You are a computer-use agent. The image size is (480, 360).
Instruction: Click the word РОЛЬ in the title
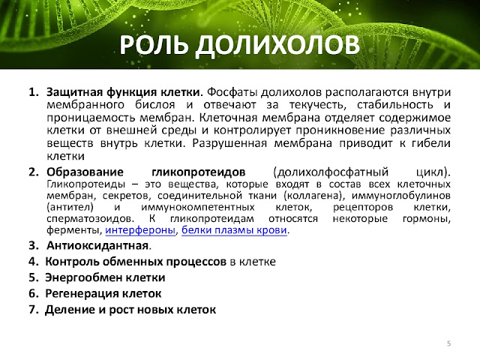pos(153,45)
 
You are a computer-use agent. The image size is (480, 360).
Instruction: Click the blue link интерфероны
pos(140,230)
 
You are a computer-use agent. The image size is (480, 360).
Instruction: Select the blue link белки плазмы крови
pos(235,230)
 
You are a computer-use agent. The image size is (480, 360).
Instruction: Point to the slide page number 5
pos(448,343)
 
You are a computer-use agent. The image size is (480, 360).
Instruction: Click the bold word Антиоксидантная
pos(97,245)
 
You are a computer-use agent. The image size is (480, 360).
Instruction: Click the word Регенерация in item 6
pos(82,293)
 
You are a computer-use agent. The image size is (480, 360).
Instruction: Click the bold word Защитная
pos(74,92)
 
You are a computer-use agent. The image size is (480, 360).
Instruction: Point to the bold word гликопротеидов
pos(198,172)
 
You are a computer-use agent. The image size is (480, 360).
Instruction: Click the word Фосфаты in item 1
pos(232,92)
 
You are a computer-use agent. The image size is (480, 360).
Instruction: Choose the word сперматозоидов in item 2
pos(90,219)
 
